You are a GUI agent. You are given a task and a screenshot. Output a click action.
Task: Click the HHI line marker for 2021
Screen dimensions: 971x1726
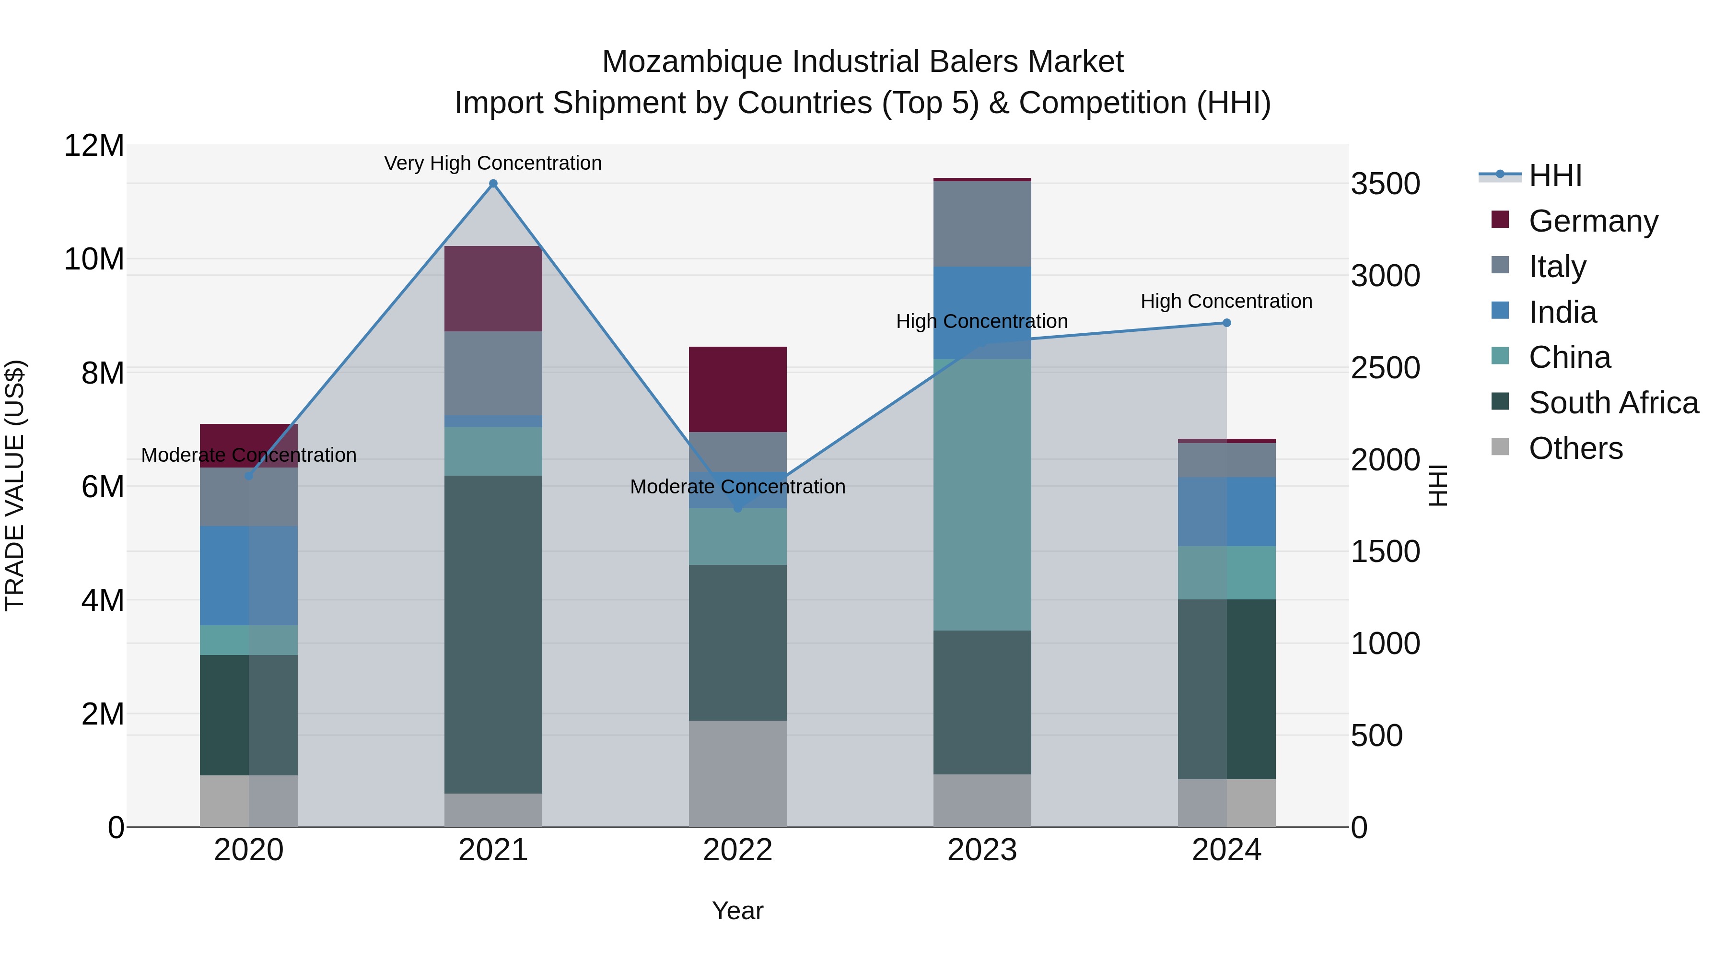pos(493,184)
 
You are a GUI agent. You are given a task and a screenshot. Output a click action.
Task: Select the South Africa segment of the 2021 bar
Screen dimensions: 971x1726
pos(493,634)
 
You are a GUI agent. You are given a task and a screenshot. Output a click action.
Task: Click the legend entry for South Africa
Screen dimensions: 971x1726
pos(1613,403)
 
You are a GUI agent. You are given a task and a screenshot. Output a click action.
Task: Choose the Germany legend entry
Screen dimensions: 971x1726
pos(1593,221)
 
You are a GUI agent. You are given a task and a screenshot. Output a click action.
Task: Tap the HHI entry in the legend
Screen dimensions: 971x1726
pos(1554,175)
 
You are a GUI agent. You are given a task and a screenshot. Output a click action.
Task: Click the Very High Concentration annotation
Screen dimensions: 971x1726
pos(493,163)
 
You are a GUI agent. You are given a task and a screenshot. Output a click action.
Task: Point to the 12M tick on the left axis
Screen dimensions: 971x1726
pos(94,145)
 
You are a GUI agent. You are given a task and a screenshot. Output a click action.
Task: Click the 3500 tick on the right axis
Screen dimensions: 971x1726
pos(1385,184)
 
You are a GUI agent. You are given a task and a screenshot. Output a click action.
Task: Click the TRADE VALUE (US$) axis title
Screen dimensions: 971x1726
pos(15,485)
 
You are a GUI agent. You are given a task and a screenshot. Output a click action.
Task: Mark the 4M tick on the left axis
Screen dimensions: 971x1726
pos(103,600)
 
